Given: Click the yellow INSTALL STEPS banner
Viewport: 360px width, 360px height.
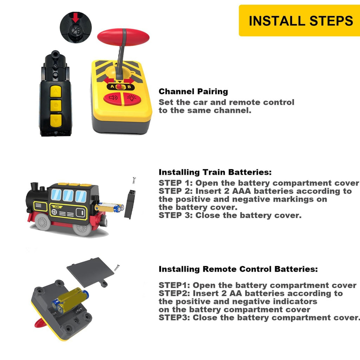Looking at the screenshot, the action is click(x=300, y=20).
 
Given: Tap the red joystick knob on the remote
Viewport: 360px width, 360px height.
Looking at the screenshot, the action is click(x=123, y=37).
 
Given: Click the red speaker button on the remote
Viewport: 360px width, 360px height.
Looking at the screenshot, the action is click(x=113, y=98).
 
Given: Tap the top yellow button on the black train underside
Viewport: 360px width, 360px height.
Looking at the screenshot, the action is click(x=56, y=91).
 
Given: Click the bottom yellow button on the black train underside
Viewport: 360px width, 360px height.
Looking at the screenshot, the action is click(x=56, y=121).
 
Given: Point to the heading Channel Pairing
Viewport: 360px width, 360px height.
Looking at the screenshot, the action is click(x=193, y=91).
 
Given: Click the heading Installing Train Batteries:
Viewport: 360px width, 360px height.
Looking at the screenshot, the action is click(x=215, y=172).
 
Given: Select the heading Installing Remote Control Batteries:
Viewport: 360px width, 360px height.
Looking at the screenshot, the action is click(x=238, y=269).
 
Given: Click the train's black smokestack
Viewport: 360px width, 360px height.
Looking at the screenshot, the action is click(x=34, y=186).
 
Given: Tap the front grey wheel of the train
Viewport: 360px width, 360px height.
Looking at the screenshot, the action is click(x=43, y=222).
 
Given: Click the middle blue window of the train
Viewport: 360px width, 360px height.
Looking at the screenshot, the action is click(x=68, y=195).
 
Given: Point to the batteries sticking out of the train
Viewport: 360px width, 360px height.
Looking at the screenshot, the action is click(x=109, y=207).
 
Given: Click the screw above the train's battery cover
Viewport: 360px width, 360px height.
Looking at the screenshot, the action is click(x=134, y=180).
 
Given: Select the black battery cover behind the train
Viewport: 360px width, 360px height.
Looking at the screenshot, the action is click(x=130, y=204).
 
